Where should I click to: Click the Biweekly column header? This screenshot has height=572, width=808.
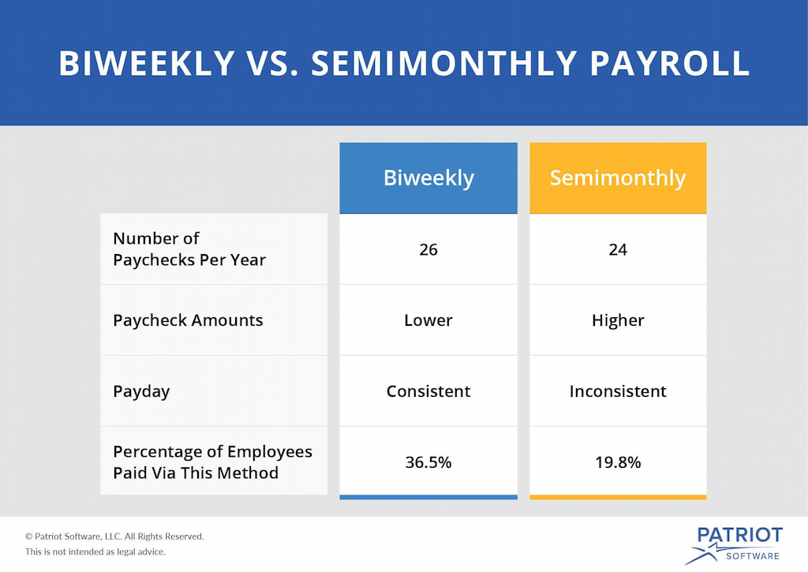(428, 178)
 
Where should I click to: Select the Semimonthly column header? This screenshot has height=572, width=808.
(618, 178)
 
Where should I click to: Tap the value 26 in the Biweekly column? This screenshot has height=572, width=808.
(428, 249)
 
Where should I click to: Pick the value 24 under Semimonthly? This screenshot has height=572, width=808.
(618, 249)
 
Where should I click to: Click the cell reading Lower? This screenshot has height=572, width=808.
(428, 320)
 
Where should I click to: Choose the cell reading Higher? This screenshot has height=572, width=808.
(618, 320)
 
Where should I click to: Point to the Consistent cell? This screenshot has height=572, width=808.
(428, 391)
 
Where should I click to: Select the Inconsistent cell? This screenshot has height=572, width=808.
(618, 391)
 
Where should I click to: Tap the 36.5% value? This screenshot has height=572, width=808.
(428, 462)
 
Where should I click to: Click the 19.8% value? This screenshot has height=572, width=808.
(618, 462)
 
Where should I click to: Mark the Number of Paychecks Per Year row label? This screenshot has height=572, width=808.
(189, 249)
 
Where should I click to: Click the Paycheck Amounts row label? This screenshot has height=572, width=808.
(188, 320)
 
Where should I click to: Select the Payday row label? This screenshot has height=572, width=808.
(141, 391)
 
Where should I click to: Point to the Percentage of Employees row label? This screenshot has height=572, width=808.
(212, 462)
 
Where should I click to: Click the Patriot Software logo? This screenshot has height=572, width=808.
(733, 544)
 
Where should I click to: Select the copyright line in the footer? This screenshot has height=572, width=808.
(114, 536)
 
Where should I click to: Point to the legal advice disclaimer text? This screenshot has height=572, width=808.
(95, 551)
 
